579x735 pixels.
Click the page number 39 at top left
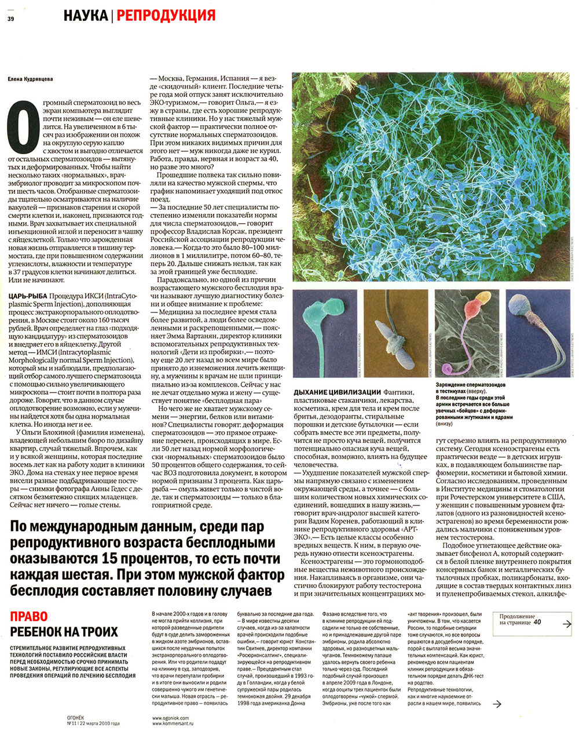point(10,19)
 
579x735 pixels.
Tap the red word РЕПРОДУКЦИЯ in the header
point(166,15)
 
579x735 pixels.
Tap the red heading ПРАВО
point(29,617)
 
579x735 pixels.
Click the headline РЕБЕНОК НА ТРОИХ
point(64,632)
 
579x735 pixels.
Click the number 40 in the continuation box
point(538,622)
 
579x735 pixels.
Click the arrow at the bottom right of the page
point(496,704)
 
